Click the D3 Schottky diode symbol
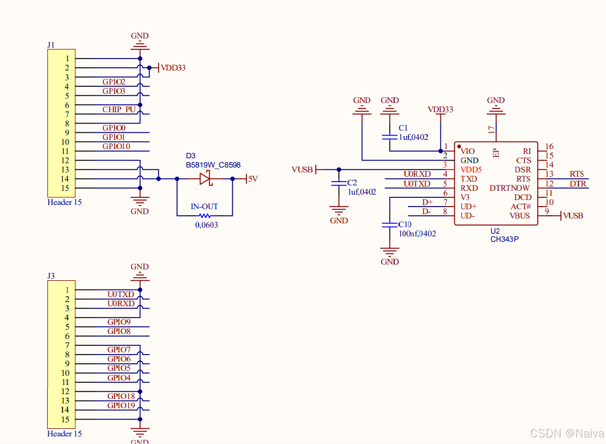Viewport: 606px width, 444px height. point(205,178)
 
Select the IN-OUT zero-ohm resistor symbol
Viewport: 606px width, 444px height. point(205,216)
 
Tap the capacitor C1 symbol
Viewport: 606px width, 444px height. point(389,137)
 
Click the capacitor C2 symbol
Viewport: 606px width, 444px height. point(339,183)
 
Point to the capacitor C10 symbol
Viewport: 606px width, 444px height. point(389,224)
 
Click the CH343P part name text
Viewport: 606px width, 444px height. point(504,239)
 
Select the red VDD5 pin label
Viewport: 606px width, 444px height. point(471,170)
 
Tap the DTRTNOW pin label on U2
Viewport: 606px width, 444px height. point(510,188)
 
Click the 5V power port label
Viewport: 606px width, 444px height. point(252,178)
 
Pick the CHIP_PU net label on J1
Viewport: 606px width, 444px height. point(119,110)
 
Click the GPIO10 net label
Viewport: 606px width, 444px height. point(116,146)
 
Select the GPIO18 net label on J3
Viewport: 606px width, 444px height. point(121,396)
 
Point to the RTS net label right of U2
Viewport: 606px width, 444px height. point(577,174)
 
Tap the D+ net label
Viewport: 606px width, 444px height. point(427,202)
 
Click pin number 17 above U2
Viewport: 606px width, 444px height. point(491,130)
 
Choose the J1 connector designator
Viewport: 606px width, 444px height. point(51,45)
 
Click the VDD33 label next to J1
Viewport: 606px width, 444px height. point(173,68)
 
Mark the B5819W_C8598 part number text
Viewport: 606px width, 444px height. point(213,165)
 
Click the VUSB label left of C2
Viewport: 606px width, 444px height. point(302,170)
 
